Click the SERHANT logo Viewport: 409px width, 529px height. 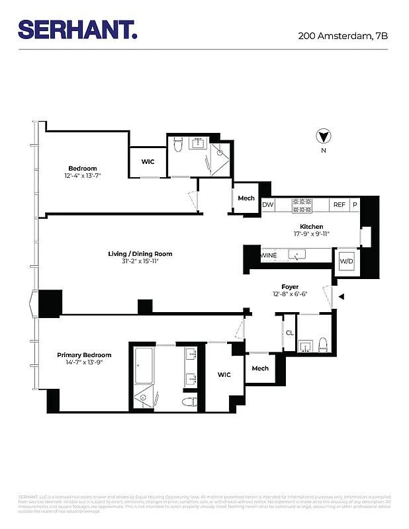77,29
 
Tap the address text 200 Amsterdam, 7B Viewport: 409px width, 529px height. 343,36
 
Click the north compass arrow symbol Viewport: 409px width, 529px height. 323,137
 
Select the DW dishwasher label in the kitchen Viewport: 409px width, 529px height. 268,206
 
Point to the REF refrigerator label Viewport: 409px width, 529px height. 339,206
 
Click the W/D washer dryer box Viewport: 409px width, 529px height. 347,261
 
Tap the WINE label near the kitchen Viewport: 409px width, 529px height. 268,255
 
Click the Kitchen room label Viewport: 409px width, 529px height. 311,226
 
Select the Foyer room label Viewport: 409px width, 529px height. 290,287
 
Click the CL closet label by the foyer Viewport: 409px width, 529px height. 289,333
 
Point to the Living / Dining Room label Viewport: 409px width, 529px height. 140,254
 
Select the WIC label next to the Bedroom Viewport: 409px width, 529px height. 148,162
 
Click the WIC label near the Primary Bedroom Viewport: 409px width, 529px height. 224,375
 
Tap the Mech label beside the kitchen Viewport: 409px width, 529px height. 246,198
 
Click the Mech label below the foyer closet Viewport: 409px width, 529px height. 260,368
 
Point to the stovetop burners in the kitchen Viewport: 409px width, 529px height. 302,206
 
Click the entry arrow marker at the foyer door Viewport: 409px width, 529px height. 341,298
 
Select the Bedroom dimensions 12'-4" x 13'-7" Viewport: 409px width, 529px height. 83,176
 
